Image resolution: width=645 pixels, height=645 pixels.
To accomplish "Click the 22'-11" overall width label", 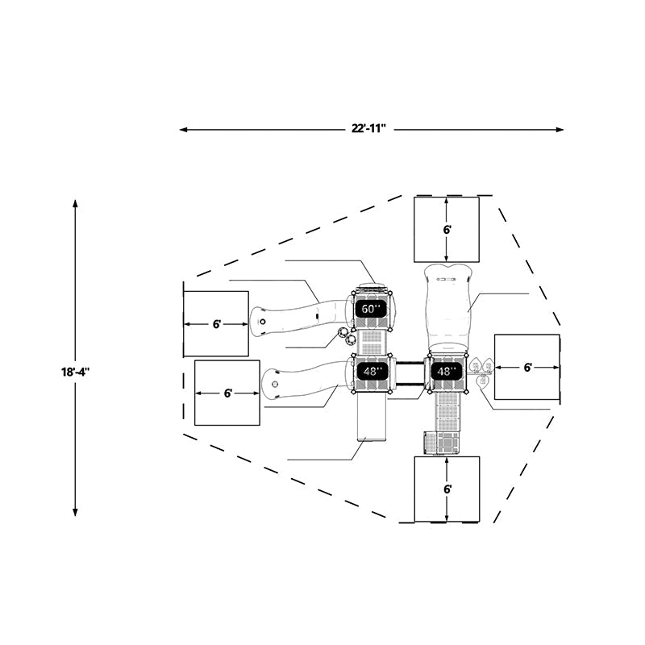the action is [368, 129].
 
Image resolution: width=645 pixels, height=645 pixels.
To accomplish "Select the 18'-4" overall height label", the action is [75, 372].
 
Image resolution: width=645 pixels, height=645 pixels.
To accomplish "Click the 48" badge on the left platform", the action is [371, 372].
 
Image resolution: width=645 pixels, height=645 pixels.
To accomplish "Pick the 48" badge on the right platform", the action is [444, 372].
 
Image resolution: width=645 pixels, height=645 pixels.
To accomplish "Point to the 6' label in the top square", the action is [447, 230].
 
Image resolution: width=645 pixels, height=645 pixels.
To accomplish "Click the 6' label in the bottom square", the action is [447, 489].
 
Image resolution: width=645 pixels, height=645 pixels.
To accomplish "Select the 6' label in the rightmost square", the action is [528, 368].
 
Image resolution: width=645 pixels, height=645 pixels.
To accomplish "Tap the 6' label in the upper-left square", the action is [216, 324].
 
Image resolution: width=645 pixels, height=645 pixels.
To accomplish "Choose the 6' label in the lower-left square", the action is [227, 393].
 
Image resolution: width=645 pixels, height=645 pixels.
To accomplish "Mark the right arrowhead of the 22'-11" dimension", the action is [560, 130].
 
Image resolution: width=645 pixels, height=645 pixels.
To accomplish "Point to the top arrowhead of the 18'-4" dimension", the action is [75, 204].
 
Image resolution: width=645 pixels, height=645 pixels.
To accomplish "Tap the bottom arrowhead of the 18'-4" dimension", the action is [75, 511].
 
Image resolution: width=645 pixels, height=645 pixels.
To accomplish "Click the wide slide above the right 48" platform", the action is [447, 309].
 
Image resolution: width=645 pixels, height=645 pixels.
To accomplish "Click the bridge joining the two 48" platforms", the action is [410, 373].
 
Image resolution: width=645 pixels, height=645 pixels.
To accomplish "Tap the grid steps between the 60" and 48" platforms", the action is [372, 342].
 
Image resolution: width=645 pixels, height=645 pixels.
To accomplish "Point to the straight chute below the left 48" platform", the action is [372, 417].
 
